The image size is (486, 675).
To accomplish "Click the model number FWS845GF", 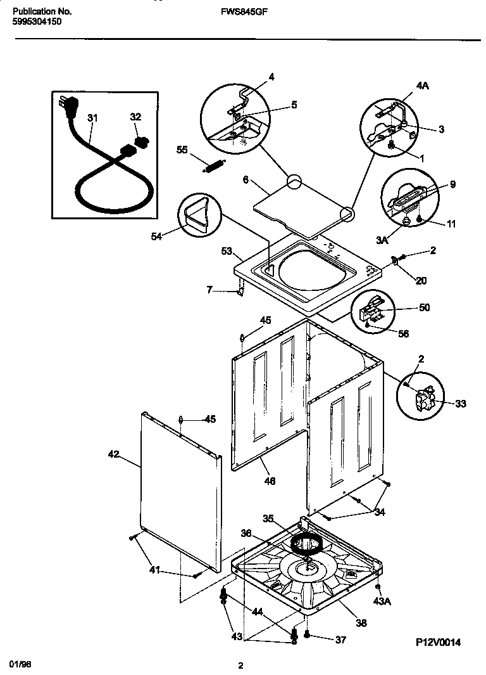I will pyautogui.click(x=242, y=11).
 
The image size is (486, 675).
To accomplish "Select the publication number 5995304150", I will pyautogui.click(x=37, y=21).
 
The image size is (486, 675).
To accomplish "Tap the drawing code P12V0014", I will pyautogui.click(x=438, y=643).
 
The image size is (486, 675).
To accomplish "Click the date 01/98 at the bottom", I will pyautogui.click(x=21, y=663).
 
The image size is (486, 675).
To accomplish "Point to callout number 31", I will pyautogui.click(x=93, y=118).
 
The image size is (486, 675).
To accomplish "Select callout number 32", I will pyautogui.click(x=135, y=117).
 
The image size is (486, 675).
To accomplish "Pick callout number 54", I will pyautogui.click(x=156, y=236).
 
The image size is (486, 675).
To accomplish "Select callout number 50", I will pyautogui.click(x=425, y=307).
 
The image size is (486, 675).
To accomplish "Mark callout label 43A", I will pyautogui.click(x=381, y=600).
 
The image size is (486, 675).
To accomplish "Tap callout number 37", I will pyautogui.click(x=340, y=640).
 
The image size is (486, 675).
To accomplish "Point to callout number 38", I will pyautogui.click(x=361, y=623).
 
